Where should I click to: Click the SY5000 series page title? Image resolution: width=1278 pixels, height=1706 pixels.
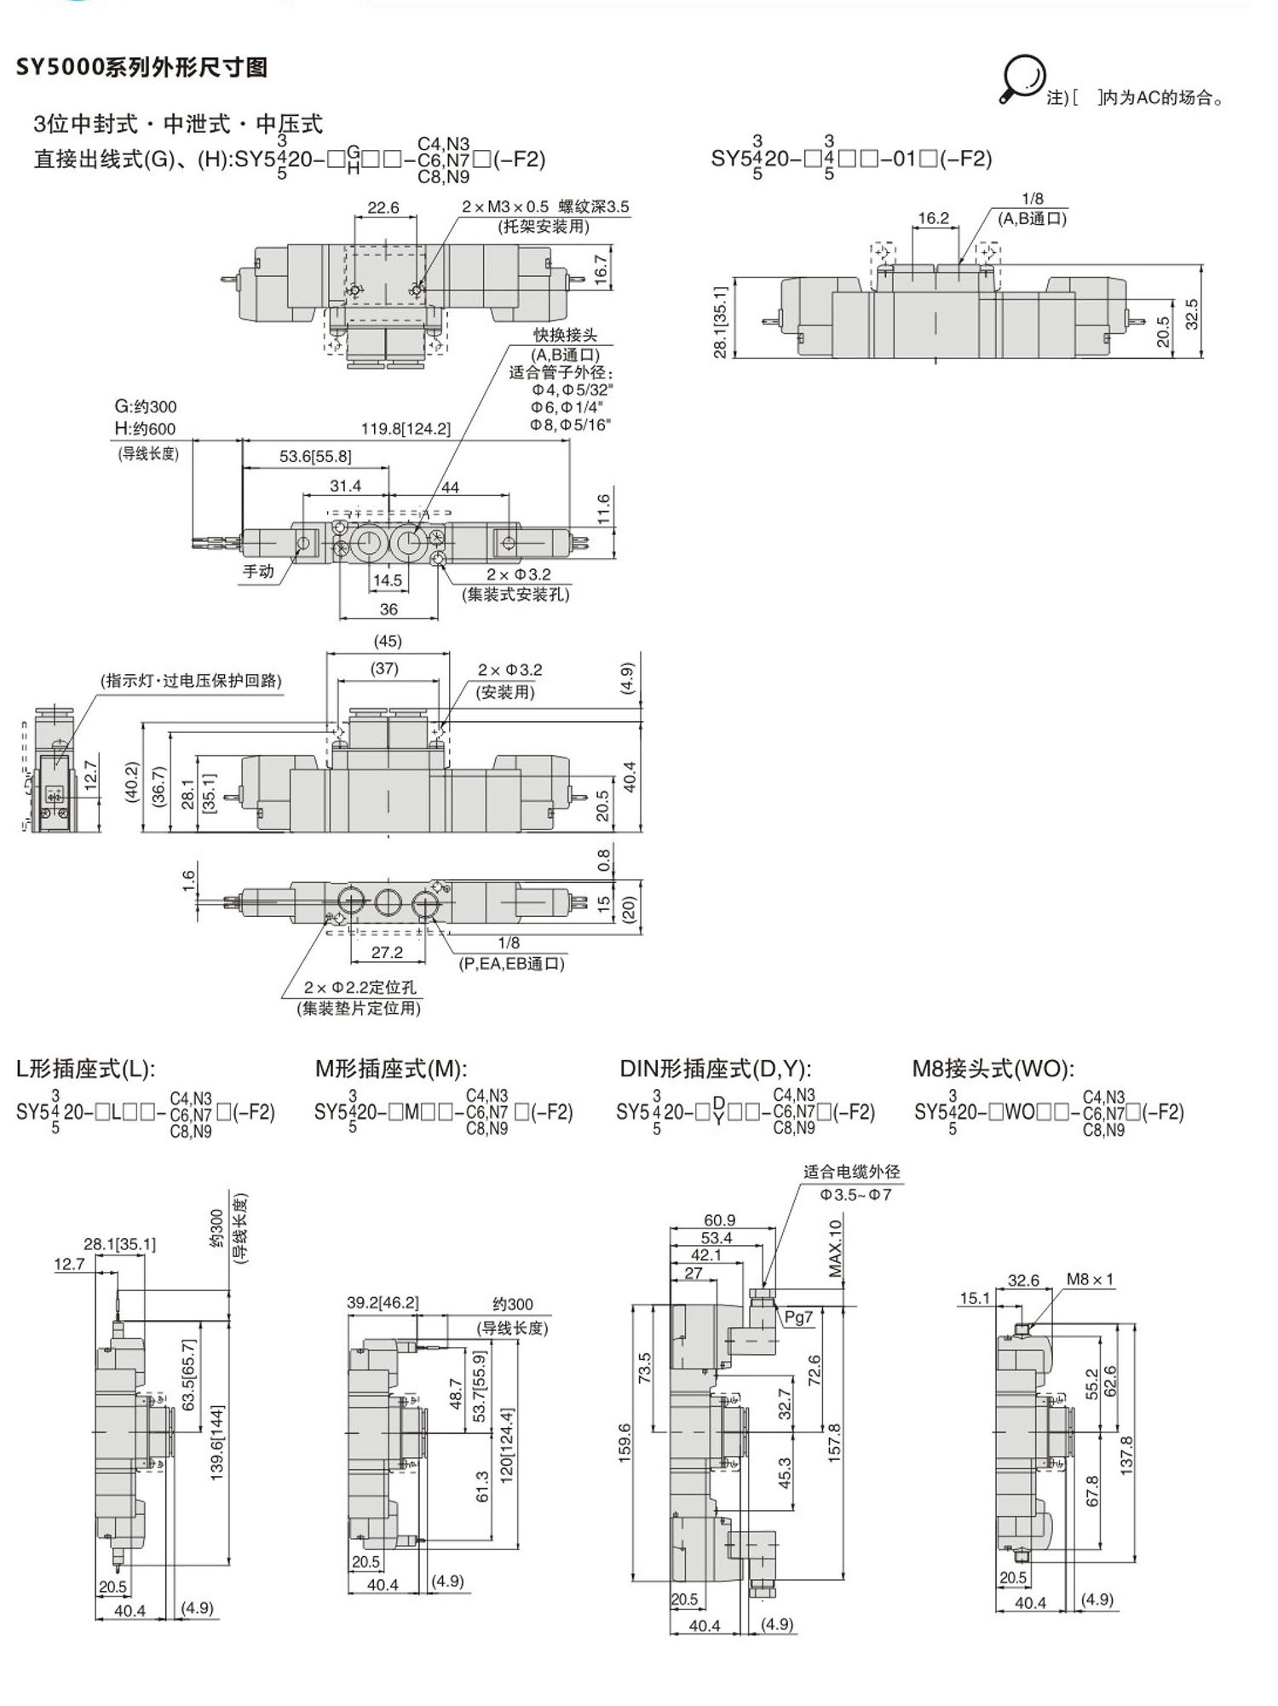click(x=141, y=67)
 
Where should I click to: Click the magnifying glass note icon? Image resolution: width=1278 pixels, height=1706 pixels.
click(x=1022, y=79)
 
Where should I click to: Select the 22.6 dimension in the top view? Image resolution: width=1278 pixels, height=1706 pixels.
click(x=383, y=208)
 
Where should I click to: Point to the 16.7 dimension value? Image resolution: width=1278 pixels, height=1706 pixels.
click(x=602, y=270)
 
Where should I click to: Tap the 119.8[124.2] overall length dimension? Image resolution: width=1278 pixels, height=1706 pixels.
click(x=406, y=429)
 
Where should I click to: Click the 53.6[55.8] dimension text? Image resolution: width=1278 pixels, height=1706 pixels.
click(x=315, y=457)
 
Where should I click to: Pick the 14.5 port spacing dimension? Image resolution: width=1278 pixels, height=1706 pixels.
click(x=387, y=580)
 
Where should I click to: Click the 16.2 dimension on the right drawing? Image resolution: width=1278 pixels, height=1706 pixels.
click(x=933, y=218)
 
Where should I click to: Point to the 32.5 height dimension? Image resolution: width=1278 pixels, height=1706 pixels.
click(x=1191, y=314)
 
